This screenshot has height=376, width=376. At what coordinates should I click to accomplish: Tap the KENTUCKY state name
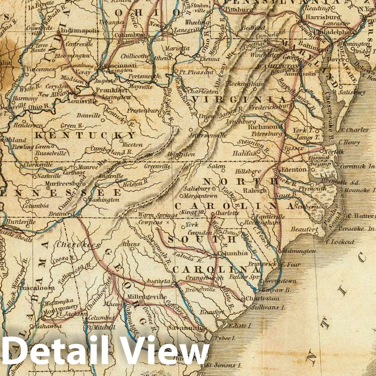[85, 135]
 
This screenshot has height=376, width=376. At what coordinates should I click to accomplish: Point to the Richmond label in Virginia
[265, 127]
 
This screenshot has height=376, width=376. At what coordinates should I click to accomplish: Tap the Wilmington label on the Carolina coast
[299, 251]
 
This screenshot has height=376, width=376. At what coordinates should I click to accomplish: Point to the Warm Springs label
[158, 215]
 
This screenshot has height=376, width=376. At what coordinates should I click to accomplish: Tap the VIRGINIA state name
[239, 99]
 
